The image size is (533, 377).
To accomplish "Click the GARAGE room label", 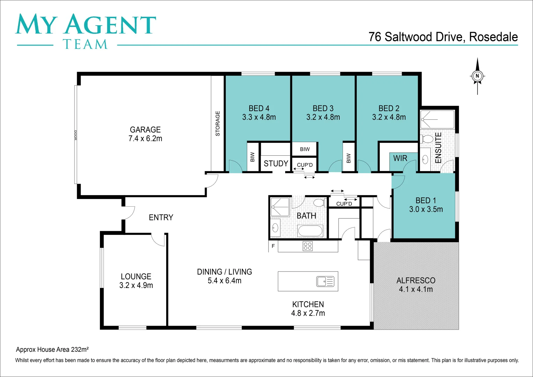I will coord(145,130).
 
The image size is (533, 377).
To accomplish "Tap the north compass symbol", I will coord(477,76).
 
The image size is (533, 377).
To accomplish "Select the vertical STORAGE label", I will coord(218,123).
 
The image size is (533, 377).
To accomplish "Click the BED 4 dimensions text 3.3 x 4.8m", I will coord(259,117).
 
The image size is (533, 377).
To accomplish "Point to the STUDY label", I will coord(276,163).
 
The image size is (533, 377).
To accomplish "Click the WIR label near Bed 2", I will coord(400,158).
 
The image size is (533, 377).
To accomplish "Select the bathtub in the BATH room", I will coord(310,231).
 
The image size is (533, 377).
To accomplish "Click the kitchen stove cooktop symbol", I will coord(308,246).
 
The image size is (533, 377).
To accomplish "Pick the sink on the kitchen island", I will coord(325,281).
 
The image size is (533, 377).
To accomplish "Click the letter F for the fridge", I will coord(273,246).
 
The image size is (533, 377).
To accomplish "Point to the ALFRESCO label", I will coord(416,281).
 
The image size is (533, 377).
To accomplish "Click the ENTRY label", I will coord(161,217).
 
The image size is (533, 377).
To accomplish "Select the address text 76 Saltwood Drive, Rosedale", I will coord(443,37).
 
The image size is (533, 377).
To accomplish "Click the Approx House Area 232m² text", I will coord(52,349).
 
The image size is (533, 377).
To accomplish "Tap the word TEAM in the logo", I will coord(85,44).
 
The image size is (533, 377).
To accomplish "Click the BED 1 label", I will coord(425,200).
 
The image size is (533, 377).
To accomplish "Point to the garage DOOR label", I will coord(75,135).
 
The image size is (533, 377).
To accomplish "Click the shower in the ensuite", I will coord(437,119).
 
